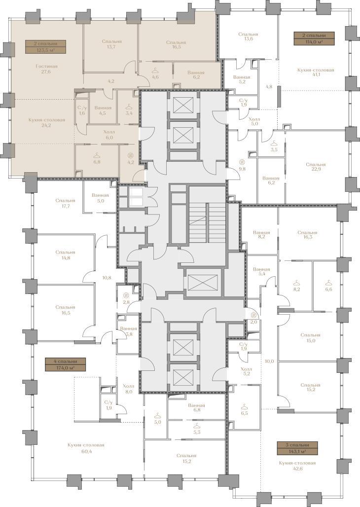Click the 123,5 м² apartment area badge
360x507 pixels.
[x=45, y=47]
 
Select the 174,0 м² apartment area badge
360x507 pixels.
[x=66, y=364]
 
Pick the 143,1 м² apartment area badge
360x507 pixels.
[x=297, y=448]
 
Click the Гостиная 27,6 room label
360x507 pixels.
[x=47, y=69]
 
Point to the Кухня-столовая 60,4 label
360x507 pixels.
[x=86, y=448]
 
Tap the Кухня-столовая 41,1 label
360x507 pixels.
[x=315, y=72]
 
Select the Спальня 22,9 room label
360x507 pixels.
[x=316, y=167]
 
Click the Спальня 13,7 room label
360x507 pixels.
[x=111, y=44]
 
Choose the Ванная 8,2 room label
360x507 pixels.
[x=262, y=234]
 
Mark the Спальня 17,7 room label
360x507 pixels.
[x=65, y=203]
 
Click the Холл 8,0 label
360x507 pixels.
[x=128, y=389]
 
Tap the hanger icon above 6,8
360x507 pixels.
[x=96, y=155]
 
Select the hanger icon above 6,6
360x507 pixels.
[x=328, y=283]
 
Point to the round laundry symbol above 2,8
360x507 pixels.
[x=126, y=295]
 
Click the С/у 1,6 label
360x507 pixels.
[x=82, y=110]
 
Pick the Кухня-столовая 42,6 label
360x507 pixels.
[x=297, y=466]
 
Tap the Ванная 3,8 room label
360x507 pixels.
[x=128, y=331]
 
